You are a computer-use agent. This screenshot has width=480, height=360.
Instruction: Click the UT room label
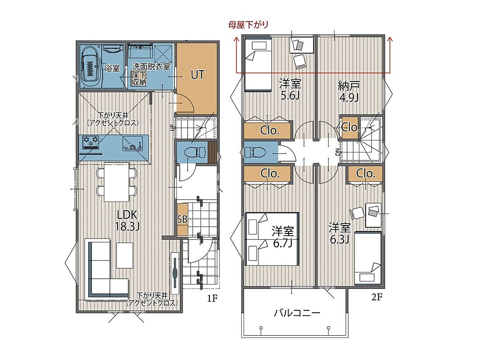[x=198, y=75]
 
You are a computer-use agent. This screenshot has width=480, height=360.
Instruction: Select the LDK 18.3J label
[x=127, y=220]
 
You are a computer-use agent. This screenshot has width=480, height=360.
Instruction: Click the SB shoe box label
[x=182, y=219]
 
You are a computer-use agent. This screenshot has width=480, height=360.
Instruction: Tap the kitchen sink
[x=132, y=144]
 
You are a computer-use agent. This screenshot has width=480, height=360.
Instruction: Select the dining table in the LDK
[x=116, y=182]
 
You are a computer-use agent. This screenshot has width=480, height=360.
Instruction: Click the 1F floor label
[x=212, y=298]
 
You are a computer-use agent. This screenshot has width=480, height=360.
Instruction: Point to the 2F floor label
[x=377, y=297]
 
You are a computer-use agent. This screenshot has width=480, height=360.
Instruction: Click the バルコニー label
[x=297, y=313]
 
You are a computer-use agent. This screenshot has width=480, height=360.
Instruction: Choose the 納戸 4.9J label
[x=349, y=91]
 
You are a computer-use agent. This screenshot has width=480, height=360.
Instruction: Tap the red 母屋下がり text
[x=248, y=24]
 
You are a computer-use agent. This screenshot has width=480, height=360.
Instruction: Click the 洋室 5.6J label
[x=290, y=89]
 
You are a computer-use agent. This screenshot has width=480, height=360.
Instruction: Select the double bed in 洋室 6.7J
[x=272, y=239]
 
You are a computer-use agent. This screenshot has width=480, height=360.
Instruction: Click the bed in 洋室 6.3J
[x=368, y=259]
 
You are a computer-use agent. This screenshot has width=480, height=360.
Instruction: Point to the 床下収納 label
[x=139, y=79]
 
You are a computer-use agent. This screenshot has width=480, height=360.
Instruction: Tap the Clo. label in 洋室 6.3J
[x=366, y=174]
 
